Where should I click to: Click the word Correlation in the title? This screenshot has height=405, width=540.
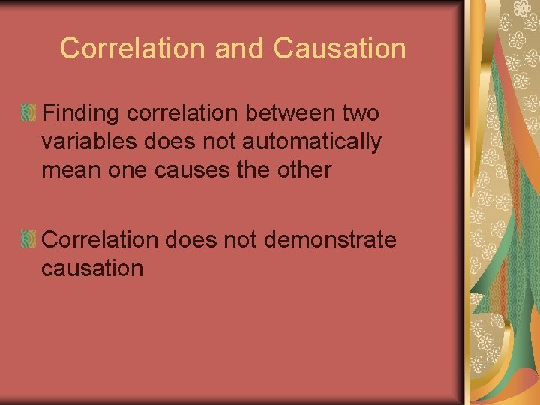[133, 49]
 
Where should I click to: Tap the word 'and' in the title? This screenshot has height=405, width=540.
[239, 49]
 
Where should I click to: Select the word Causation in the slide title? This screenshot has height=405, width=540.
[340, 49]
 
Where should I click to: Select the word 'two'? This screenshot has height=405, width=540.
[361, 114]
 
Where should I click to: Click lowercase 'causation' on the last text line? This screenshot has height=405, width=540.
[92, 268]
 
